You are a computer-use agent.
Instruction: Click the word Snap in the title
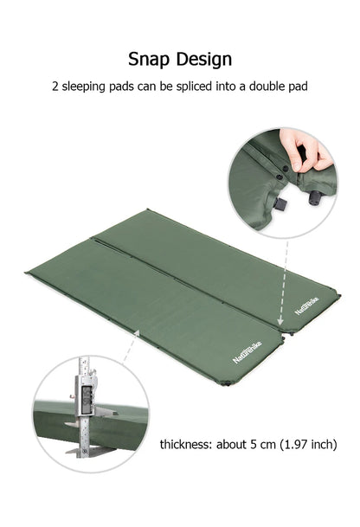pyautogui.click(x=150, y=59)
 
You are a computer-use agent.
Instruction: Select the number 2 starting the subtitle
pyautogui.click(x=56, y=87)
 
